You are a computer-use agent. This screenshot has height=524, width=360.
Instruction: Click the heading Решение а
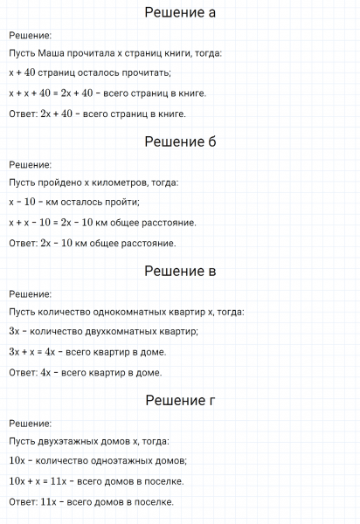[x=180, y=13]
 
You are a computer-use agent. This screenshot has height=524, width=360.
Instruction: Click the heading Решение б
[x=180, y=141]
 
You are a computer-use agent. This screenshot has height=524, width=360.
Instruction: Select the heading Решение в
[x=180, y=271]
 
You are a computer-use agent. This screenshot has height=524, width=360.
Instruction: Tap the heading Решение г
[x=180, y=401]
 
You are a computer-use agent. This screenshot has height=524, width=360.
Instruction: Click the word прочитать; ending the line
[x=146, y=72]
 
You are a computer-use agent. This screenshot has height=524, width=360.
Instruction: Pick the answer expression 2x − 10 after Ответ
[x=57, y=243]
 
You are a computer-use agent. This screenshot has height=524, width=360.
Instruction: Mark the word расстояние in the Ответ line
[x=150, y=243]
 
